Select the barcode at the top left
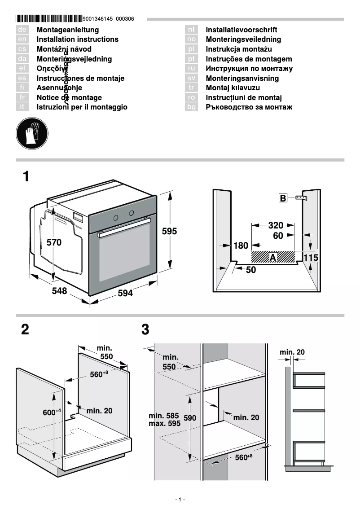[48, 19]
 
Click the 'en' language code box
[23, 39]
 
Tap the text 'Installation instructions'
[77, 39]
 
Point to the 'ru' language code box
[192, 69]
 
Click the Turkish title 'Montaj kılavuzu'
[233, 88]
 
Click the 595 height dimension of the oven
[169, 232]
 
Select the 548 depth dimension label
[59, 291]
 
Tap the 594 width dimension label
[125, 293]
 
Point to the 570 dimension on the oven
[54, 242]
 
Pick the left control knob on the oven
[116, 218]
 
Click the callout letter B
[283, 198]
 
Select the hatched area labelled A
[273, 257]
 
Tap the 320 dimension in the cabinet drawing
[276, 225]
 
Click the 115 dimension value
[311, 258]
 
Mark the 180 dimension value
[241, 246]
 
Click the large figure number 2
[25, 330]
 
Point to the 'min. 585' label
[164, 416]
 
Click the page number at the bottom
[180, 500]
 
